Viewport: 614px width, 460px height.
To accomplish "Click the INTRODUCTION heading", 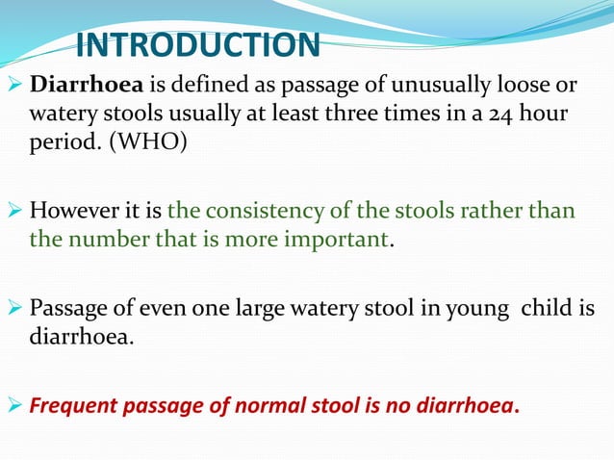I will [x=196, y=45].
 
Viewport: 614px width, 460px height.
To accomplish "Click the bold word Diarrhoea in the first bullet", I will [x=80, y=84].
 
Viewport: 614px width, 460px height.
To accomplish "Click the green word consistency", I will [x=259, y=210].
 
